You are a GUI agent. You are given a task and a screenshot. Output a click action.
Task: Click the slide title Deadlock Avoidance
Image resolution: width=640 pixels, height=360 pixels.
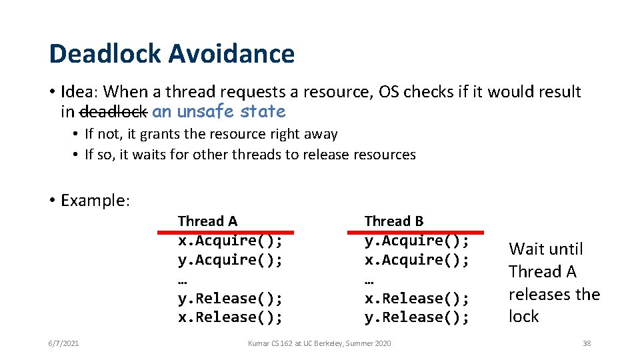click(171, 54)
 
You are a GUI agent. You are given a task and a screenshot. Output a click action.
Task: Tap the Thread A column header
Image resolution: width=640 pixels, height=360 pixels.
click(207, 221)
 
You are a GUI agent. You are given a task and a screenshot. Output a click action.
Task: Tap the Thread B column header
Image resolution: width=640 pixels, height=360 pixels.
click(393, 221)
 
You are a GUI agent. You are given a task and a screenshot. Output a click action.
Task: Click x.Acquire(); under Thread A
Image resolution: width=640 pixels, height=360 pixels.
click(230, 241)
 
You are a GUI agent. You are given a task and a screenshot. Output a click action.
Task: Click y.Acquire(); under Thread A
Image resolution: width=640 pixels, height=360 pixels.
click(230, 259)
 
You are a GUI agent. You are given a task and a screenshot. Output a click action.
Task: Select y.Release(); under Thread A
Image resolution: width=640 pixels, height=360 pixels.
click(230, 298)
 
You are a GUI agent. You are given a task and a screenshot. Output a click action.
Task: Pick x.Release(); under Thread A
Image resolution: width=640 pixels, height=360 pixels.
click(230, 317)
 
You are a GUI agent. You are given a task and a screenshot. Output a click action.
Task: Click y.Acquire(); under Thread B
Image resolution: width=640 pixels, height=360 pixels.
click(417, 241)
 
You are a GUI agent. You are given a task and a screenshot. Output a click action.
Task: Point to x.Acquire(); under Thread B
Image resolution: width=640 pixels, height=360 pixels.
click(417, 259)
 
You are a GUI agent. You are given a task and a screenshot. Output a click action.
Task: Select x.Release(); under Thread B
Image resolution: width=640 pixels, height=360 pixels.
click(417, 298)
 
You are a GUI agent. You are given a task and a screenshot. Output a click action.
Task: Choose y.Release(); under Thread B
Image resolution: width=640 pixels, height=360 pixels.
click(417, 317)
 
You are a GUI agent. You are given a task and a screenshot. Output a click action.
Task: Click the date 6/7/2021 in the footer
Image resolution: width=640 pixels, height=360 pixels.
click(63, 343)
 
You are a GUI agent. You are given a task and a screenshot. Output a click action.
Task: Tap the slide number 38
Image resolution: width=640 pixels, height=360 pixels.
click(587, 343)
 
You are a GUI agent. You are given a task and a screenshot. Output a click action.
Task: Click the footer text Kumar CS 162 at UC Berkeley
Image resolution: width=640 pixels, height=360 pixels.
click(319, 343)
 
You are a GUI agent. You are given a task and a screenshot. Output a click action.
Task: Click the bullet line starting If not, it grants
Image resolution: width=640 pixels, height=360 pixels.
click(211, 134)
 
